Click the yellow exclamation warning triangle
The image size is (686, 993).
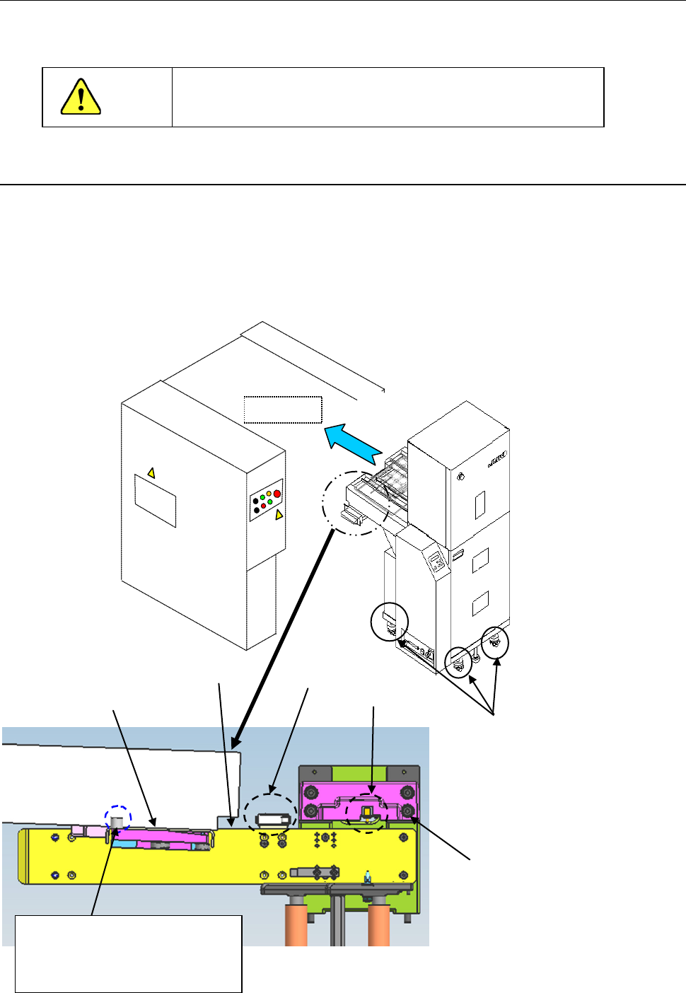[81, 97]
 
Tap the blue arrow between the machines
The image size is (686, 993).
[353, 443]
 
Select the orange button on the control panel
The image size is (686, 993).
[269, 494]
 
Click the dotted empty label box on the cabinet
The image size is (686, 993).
[283, 410]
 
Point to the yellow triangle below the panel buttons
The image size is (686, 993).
[279, 514]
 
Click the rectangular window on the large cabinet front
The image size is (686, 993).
[155, 500]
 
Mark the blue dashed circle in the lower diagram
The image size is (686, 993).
[118, 818]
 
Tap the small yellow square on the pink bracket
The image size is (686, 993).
[366, 811]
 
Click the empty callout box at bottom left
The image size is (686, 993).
[128, 953]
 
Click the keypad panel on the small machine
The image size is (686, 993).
[437, 563]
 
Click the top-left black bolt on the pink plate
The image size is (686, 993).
[309, 791]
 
